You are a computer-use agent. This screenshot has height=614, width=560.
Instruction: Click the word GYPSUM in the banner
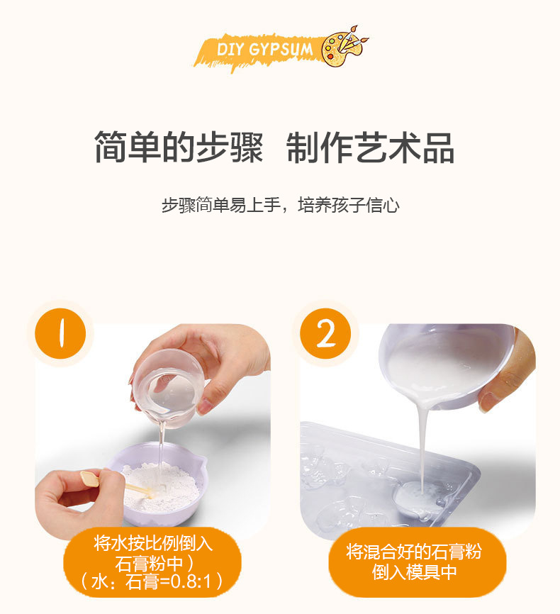[x=281, y=50]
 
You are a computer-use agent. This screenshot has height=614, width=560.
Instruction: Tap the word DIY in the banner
[x=230, y=50]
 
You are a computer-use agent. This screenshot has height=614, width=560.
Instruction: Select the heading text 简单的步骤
[x=179, y=147]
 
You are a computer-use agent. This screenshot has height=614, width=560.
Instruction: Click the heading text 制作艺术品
[x=371, y=147]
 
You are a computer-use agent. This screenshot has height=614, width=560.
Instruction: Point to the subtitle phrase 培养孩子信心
[x=349, y=205]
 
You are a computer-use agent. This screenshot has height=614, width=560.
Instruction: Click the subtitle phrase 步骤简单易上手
[x=221, y=205]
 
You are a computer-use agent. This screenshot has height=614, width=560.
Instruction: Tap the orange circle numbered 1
[x=60, y=333]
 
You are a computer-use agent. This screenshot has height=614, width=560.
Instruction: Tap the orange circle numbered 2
[x=325, y=333]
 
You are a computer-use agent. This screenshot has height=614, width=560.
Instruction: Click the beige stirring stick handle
[x=89, y=479]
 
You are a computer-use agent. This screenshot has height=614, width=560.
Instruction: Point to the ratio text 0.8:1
[x=191, y=582]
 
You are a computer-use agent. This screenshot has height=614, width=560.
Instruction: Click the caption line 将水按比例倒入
[x=153, y=544]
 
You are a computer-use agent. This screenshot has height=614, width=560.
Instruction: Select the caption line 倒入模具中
[x=414, y=572]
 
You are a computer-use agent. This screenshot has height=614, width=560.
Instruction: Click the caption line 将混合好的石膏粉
[x=414, y=552]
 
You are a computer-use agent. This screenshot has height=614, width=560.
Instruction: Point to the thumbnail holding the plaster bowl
[x=488, y=401]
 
